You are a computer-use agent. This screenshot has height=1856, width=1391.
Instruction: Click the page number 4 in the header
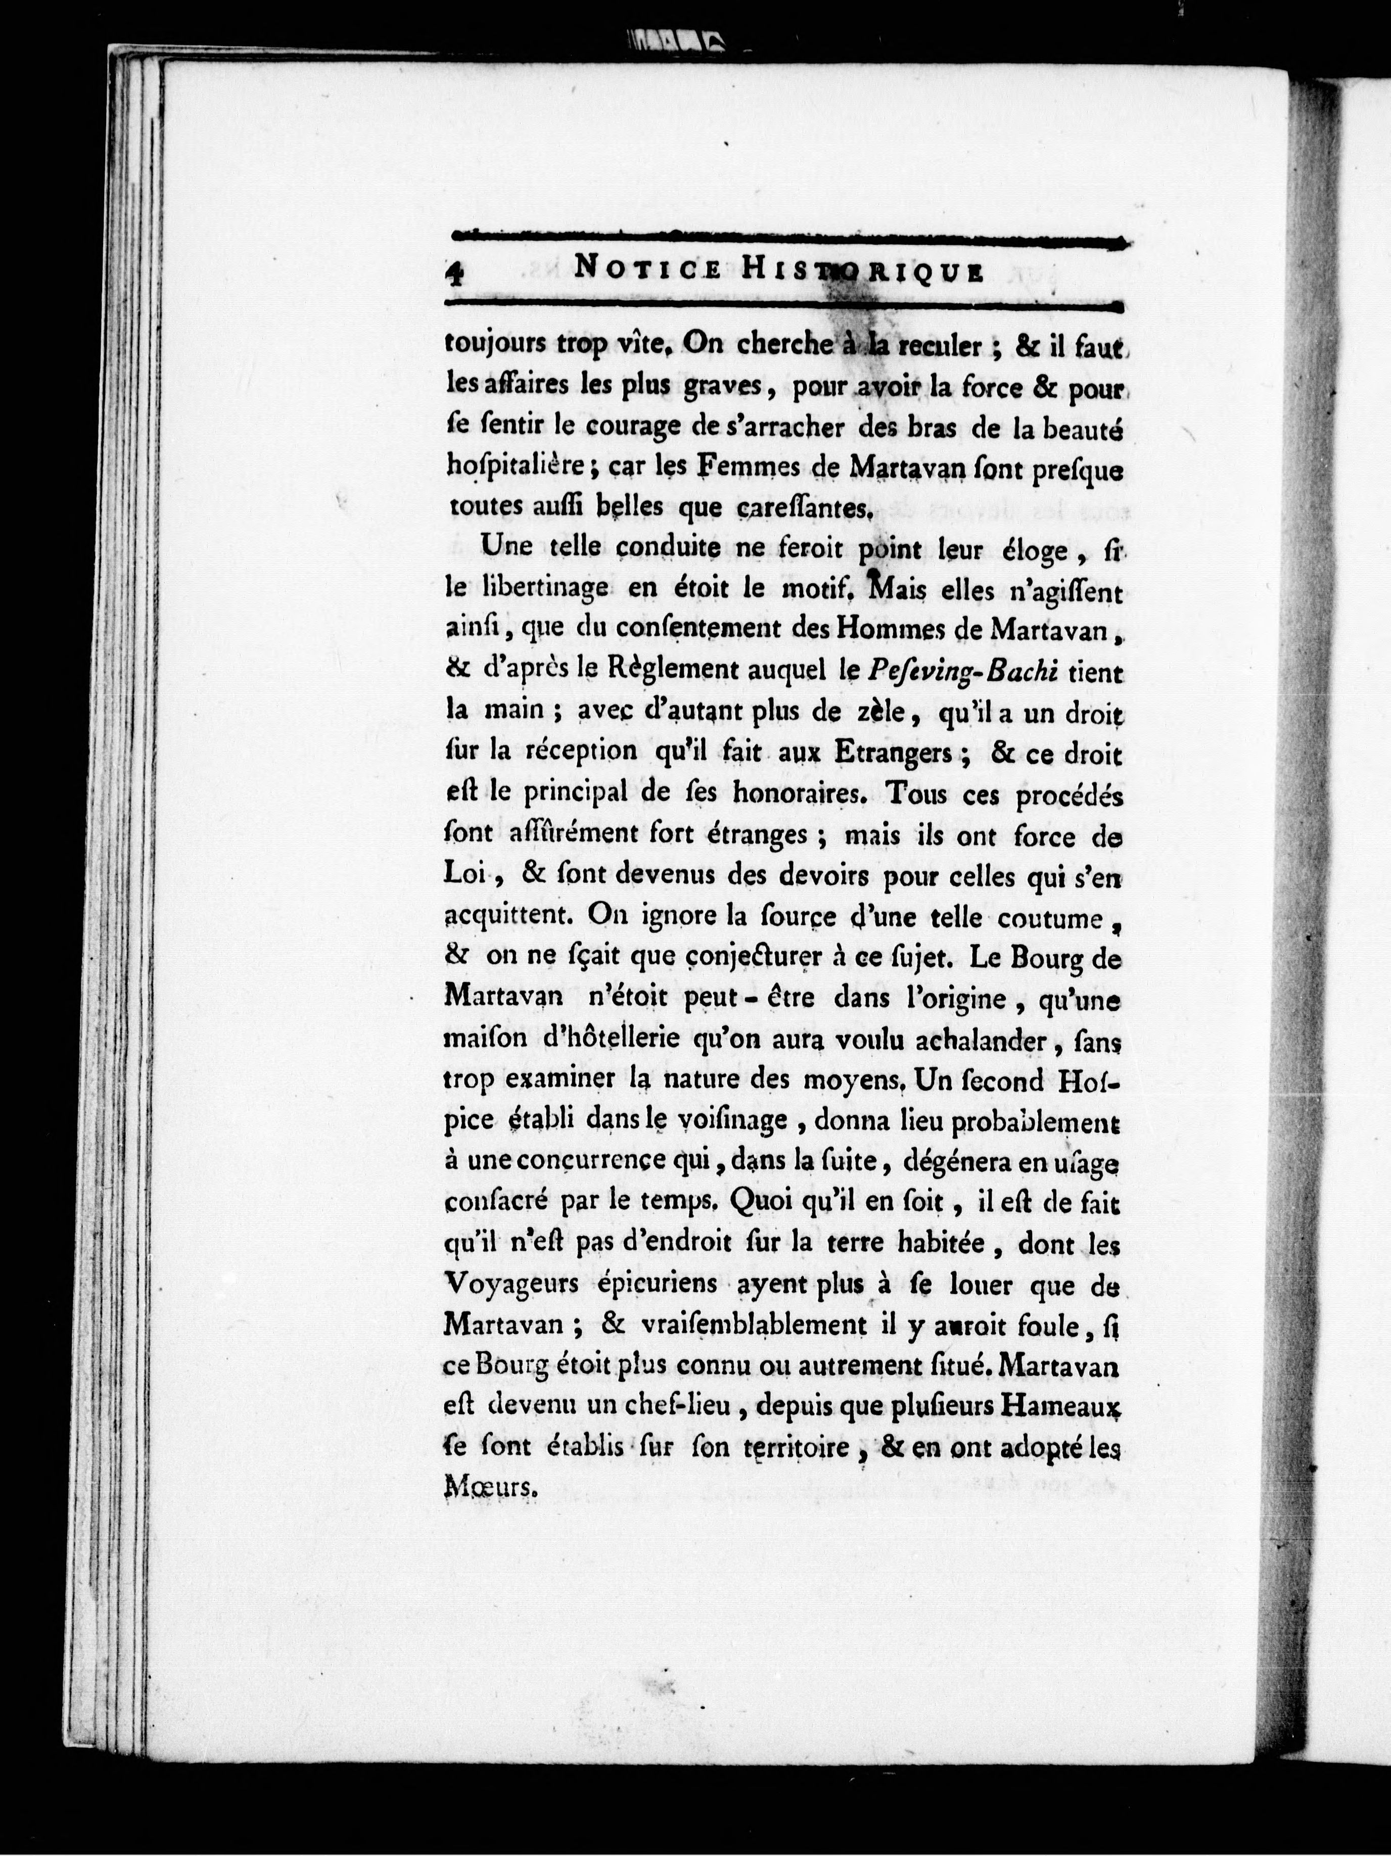(x=455, y=274)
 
